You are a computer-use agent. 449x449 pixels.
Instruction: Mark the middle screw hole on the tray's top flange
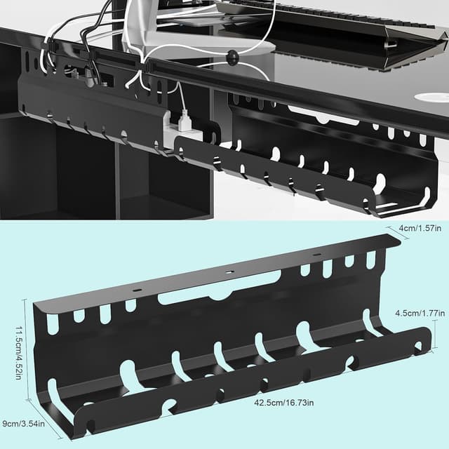[x=228, y=272]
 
